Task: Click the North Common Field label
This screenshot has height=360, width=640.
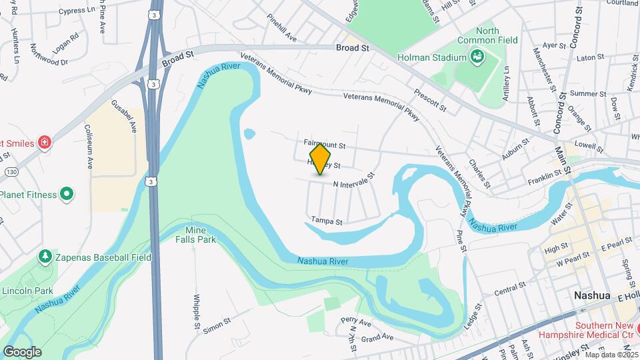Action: [497, 35]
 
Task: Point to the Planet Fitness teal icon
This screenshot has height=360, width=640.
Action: [67, 194]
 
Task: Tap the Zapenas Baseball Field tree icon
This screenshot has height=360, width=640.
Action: [45, 256]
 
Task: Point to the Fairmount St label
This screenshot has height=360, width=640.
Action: [325, 144]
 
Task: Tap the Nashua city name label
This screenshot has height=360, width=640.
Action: [593, 295]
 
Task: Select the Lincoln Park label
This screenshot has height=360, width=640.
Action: [27, 291]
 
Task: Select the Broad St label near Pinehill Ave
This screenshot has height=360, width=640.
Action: [353, 48]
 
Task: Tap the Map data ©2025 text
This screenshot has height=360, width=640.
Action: [609, 354]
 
